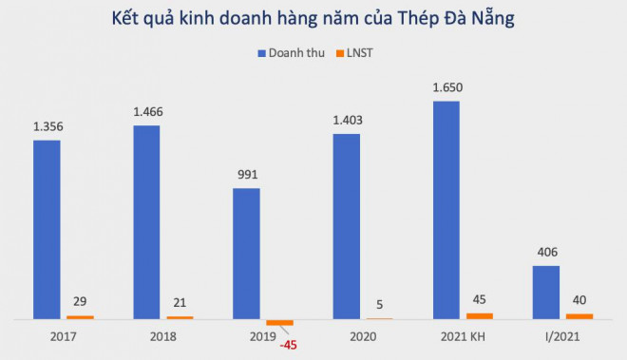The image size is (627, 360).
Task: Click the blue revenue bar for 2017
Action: tap(47, 229)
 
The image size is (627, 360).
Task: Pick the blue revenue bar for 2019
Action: tap(246, 254)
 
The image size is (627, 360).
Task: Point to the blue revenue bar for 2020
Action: tap(346, 226)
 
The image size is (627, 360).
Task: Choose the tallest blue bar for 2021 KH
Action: tap(446, 209)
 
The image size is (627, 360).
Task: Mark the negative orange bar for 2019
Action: tap(280, 323)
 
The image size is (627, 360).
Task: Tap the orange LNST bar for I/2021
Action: tap(579, 315)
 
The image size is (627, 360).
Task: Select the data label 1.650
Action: tap(446, 87)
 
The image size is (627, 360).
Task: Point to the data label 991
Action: tap(247, 175)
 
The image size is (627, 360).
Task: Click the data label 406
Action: tap(545, 253)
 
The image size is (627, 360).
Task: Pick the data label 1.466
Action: tap(147, 112)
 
